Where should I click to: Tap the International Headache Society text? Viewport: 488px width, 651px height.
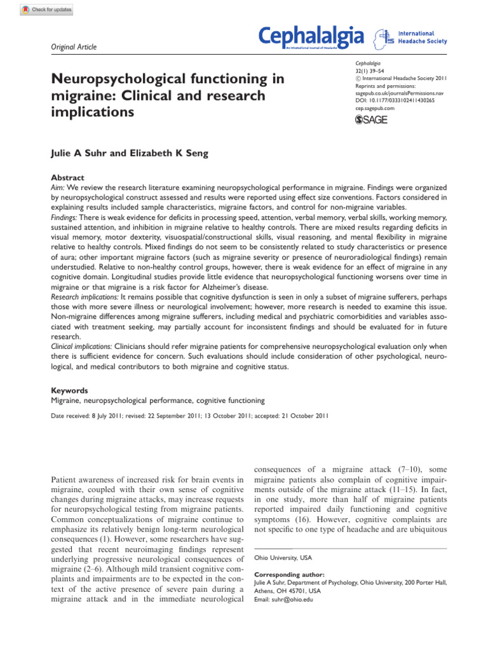click(422, 37)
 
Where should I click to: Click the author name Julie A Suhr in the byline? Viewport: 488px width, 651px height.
click(79, 153)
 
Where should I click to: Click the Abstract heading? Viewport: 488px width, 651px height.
click(67, 178)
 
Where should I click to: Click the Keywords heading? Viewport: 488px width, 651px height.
click(69, 390)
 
